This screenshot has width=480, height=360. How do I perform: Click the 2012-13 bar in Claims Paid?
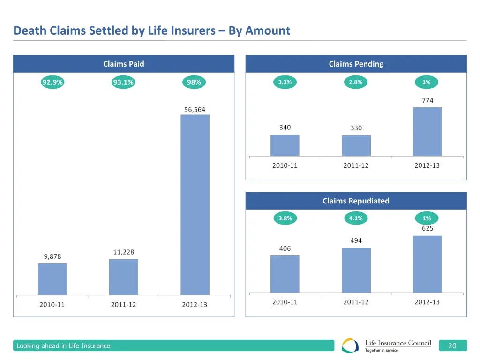(195, 204)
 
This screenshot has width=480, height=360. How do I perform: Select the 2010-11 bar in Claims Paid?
(52, 279)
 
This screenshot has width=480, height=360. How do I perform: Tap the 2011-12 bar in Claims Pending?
(356, 146)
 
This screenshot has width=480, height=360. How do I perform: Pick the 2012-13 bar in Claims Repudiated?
(427, 264)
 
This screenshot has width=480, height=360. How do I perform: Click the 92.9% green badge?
(52, 82)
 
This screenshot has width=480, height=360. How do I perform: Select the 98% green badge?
(194, 82)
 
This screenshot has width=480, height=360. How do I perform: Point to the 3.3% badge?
(285, 82)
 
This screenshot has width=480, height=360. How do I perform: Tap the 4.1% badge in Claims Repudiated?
(356, 218)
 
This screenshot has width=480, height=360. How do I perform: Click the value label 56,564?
(195, 110)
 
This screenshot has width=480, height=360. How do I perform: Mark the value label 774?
(427, 100)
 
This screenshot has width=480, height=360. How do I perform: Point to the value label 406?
(285, 249)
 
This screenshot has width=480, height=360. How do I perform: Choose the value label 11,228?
(124, 252)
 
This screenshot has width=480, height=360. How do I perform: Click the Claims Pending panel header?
(356, 64)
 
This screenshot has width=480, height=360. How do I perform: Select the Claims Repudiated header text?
(356, 201)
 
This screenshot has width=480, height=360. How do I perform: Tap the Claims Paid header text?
(124, 64)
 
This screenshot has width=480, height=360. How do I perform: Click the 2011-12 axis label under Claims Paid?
(124, 305)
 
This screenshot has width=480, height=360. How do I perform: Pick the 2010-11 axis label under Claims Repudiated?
(285, 302)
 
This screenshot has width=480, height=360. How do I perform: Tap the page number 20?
(452, 346)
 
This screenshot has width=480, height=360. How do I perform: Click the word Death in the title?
(29, 31)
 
